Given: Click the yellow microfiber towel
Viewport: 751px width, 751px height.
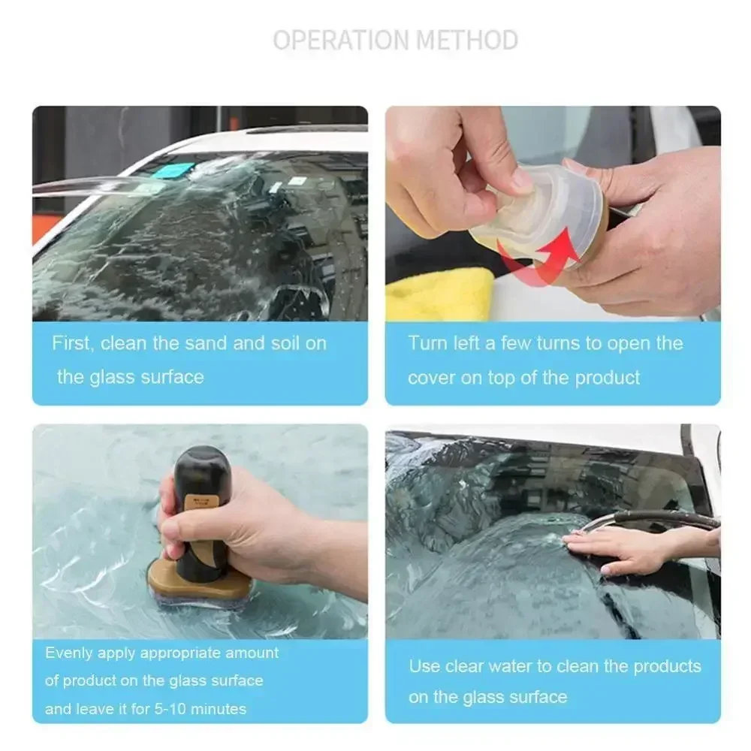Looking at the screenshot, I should coord(440,294).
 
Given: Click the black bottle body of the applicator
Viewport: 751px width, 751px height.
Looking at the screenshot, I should coord(201,511).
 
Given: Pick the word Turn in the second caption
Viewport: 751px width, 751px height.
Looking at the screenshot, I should coord(427,344).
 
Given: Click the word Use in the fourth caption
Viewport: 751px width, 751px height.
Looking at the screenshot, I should coord(424,666).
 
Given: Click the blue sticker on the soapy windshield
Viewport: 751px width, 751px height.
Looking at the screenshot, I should coord(174,170).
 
